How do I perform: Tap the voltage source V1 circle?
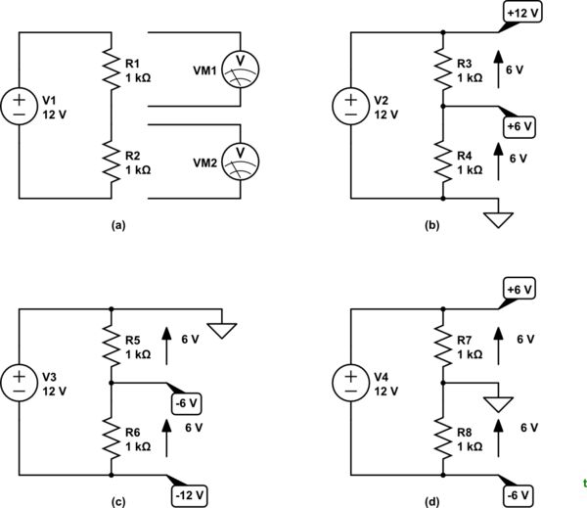tap(18, 103)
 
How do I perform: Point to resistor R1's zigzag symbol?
tap(112, 65)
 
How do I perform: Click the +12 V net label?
tap(520, 14)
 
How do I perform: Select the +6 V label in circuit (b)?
tap(520, 125)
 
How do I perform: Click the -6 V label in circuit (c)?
tap(186, 402)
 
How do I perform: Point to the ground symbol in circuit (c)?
tap(225, 330)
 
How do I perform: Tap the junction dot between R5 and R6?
tap(112, 383)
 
